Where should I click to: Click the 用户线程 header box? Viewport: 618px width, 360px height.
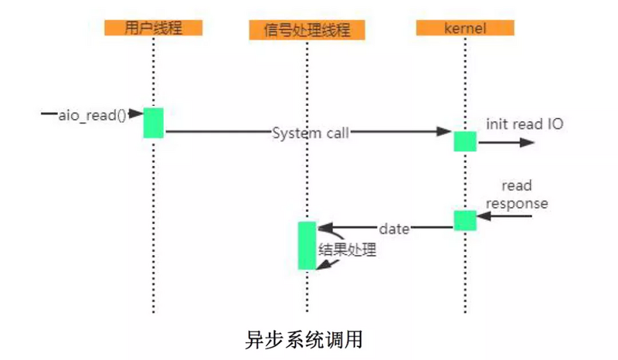click(x=153, y=27)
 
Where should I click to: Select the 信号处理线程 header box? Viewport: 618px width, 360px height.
click(x=307, y=30)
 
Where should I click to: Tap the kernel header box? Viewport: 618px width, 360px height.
click(x=465, y=27)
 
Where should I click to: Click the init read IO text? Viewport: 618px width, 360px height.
click(x=525, y=124)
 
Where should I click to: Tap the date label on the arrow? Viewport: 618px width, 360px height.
click(x=393, y=229)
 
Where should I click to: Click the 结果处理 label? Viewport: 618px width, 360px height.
click(x=347, y=250)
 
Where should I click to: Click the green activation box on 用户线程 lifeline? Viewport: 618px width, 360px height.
click(x=153, y=122)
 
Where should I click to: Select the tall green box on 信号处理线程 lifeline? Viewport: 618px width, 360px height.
click(x=307, y=246)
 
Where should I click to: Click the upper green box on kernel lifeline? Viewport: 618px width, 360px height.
click(x=465, y=141)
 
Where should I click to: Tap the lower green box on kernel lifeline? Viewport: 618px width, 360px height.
click(x=465, y=220)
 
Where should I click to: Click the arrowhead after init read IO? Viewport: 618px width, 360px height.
click(x=528, y=142)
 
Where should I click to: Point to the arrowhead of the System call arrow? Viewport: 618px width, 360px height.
click(x=446, y=133)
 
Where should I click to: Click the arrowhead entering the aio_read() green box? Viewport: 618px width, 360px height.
click(x=136, y=114)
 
